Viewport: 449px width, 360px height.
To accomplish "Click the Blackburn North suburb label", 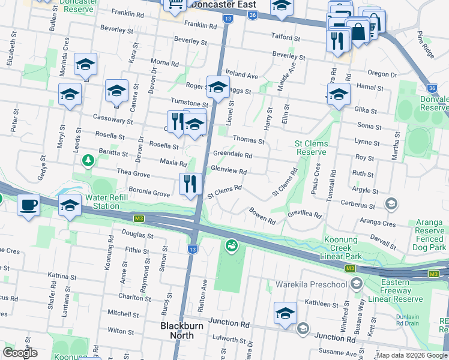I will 177,331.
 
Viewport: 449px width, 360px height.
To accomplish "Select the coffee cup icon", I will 29,206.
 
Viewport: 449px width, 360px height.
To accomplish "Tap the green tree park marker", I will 88,160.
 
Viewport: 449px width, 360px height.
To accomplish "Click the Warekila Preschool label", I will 311,284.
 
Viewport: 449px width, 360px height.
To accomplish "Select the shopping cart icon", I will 176,5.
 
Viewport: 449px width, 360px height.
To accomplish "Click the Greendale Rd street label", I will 232,155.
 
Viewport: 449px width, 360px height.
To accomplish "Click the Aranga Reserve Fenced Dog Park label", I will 430,235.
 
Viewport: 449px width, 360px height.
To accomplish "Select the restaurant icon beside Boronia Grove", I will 191,183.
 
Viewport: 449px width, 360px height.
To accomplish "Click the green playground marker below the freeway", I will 231,245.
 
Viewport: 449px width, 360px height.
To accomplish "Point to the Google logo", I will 20,353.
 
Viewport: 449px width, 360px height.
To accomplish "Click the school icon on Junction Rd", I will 285,312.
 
